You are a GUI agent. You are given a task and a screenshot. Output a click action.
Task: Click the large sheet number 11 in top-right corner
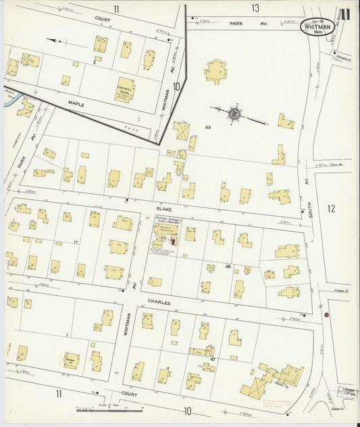(x=345, y=14)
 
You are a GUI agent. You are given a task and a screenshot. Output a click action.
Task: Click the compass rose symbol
(x=234, y=113)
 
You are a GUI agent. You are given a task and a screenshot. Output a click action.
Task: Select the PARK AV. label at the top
(x=236, y=23)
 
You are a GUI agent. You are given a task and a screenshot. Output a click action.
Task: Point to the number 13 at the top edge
(x=255, y=8)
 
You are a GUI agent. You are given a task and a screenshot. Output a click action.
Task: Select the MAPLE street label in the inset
(x=76, y=103)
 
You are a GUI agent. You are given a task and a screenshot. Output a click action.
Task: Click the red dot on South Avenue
(x=326, y=315)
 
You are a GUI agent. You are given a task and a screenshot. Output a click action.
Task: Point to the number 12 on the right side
(x=330, y=209)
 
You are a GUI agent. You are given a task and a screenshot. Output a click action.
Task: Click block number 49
(x=209, y=128)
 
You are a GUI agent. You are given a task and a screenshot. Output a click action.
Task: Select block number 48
(x=228, y=268)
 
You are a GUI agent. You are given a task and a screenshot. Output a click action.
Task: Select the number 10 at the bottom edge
(x=187, y=411)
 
